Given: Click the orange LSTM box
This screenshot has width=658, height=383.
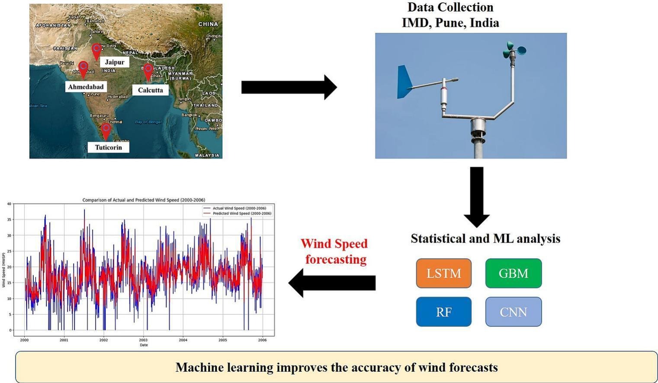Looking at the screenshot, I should pyautogui.click(x=443, y=273).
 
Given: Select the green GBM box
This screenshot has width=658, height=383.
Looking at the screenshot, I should pyautogui.click(x=513, y=273).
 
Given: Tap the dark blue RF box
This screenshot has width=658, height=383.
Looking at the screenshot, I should pyautogui.click(x=443, y=312).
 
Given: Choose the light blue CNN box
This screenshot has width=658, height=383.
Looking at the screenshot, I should pyautogui.click(x=513, y=312).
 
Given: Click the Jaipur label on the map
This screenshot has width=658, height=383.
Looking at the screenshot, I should pyautogui.click(x=115, y=62).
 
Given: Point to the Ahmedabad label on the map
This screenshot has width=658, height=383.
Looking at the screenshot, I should pyautogui.click(x=86, y=87).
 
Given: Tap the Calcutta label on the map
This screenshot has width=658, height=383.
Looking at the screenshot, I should pyautogui.click(x=150, y=90).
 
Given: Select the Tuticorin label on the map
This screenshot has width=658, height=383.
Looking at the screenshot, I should pyautogui.click(x=108, y=147).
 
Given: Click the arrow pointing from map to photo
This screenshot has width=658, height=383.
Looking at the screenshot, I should pyautogui.click(x=289, y=87).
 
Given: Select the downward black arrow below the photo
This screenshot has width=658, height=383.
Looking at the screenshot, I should pyautogui.click(x=476, y=197).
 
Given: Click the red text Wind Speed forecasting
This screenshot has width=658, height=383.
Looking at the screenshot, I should pyautogui.click(x=334, y=251).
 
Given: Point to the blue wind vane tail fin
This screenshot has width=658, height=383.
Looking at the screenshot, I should pyautogui.click(x=404, y=82).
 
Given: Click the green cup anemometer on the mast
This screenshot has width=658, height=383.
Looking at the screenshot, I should pyautogui.click(x=514, y=50).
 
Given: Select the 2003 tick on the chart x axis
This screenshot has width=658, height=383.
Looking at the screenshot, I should pyautogui.click(x=143, y=340).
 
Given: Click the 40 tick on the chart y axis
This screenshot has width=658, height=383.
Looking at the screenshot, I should pyautogui.click(x=9, y=204).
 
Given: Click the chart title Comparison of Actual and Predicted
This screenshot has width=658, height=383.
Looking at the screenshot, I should pyautogui.click(x=144, y=200).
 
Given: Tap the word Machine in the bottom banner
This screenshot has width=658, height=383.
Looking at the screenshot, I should pyautogui.click(x=194, y=367).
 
